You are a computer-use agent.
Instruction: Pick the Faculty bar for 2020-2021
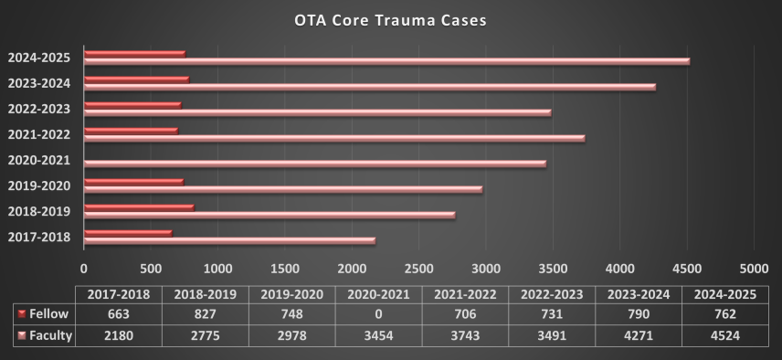coord(315,164)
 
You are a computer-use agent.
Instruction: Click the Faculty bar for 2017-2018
coord(229,240)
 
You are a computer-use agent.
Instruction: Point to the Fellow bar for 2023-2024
coord(136,79)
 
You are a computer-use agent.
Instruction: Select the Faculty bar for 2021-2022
coord(334,138)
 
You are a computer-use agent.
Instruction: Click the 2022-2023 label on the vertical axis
coord(40,109)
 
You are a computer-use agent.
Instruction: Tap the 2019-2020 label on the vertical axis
coord(40,185)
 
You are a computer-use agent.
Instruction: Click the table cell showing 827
coord(206,314)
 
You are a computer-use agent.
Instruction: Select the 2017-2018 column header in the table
coord(120,294)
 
